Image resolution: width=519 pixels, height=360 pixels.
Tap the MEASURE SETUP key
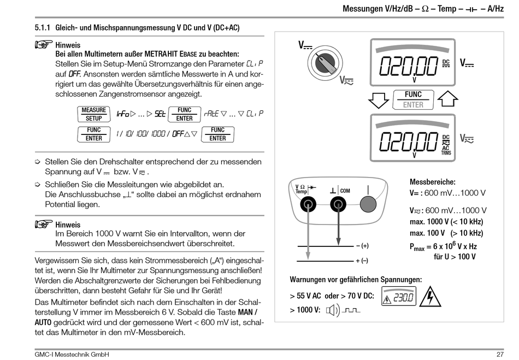click(x=93, y=114)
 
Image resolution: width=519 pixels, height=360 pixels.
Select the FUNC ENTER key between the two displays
click(x=414, y=99)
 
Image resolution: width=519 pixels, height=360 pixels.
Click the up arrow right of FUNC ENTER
click(x=447, y=100)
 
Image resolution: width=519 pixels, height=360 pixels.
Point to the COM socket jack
click(x=338, y=205)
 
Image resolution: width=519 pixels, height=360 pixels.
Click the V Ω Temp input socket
click(x=308, y=205)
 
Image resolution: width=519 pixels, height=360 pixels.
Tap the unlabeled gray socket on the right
click(x=368, y=205)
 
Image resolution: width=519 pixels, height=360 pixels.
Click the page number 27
click(x=500, y=355)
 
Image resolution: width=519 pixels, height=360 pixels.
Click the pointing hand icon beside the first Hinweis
click(x=43, y=44)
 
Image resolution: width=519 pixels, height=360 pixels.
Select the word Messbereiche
click(x=433, y=181)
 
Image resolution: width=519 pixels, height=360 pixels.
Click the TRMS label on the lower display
click(x=446, y=154)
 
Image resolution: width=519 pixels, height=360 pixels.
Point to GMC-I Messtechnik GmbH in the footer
click(x=72, y=355)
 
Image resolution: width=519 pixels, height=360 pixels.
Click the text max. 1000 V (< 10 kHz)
click(x=446, y=222)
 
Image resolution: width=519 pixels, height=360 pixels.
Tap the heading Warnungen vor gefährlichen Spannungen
click(x=356, y=280)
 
